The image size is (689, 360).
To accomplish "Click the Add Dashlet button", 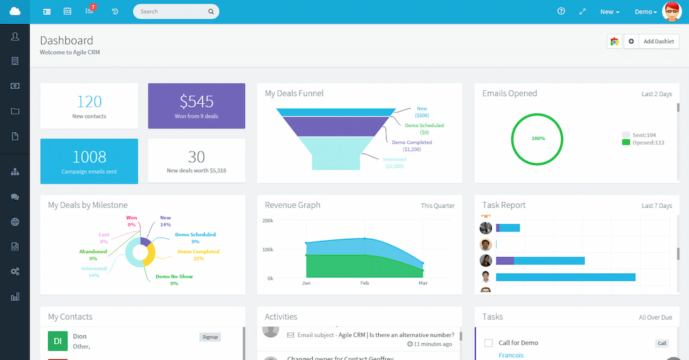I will pyautogui.click(x=658, y=42).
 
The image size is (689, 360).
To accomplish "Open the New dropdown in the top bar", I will pyautogui.click(x=610, y=12).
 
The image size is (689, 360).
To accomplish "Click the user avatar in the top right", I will pyautogui.click(x=672, y=11).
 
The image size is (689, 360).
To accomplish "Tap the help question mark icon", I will pyautogui.click(x=561, y=11).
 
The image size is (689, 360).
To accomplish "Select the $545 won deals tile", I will pyautogui.click(x=196, y=106).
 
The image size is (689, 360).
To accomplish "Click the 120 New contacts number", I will pyautogui.click(x=89, y=102).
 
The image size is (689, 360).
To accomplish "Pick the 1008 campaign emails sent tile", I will pyautogui.click(x=89, y=161).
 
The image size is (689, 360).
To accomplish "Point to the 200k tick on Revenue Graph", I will pyautogui.click(x=267, y=221).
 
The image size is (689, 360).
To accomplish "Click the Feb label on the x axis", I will pyautogui.click(x=365, y=284).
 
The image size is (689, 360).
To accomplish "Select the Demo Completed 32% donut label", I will pyautogui.click(x=198, y=254).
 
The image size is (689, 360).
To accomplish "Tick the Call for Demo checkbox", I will pyautogui.click(x=488, y=343).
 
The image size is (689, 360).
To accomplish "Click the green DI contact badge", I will pyautogui.click(x=58, y=341).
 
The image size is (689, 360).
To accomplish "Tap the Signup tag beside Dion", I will pyautogui.click(x=210, y=337).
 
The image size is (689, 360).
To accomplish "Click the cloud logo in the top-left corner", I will pyautogui.click(x=15, y=11).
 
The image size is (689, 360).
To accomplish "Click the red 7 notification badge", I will pyautogui.click(x=93, y=7).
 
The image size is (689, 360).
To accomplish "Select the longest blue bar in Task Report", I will pyautogui.click(x=566, y=277).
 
